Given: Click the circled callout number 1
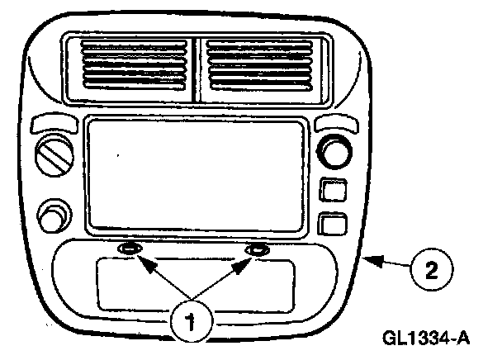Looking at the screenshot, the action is [x=192, y=320].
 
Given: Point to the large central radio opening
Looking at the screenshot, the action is [x=196, y=174].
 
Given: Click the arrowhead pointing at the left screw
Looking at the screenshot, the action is [x=141, y=263].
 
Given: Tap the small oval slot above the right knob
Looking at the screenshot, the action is [x=335, y=124].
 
